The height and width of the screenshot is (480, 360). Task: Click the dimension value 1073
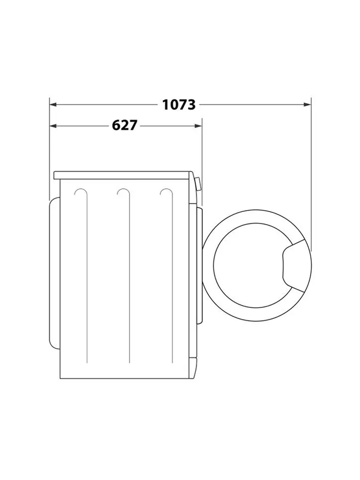coord(179,105)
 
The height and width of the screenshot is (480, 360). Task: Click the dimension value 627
coord(125,126)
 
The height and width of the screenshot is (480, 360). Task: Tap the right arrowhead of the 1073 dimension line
coord(307,105)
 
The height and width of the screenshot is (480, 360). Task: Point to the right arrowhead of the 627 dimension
coord(198,126)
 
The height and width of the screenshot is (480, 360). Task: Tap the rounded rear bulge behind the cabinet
coord(55,273)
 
